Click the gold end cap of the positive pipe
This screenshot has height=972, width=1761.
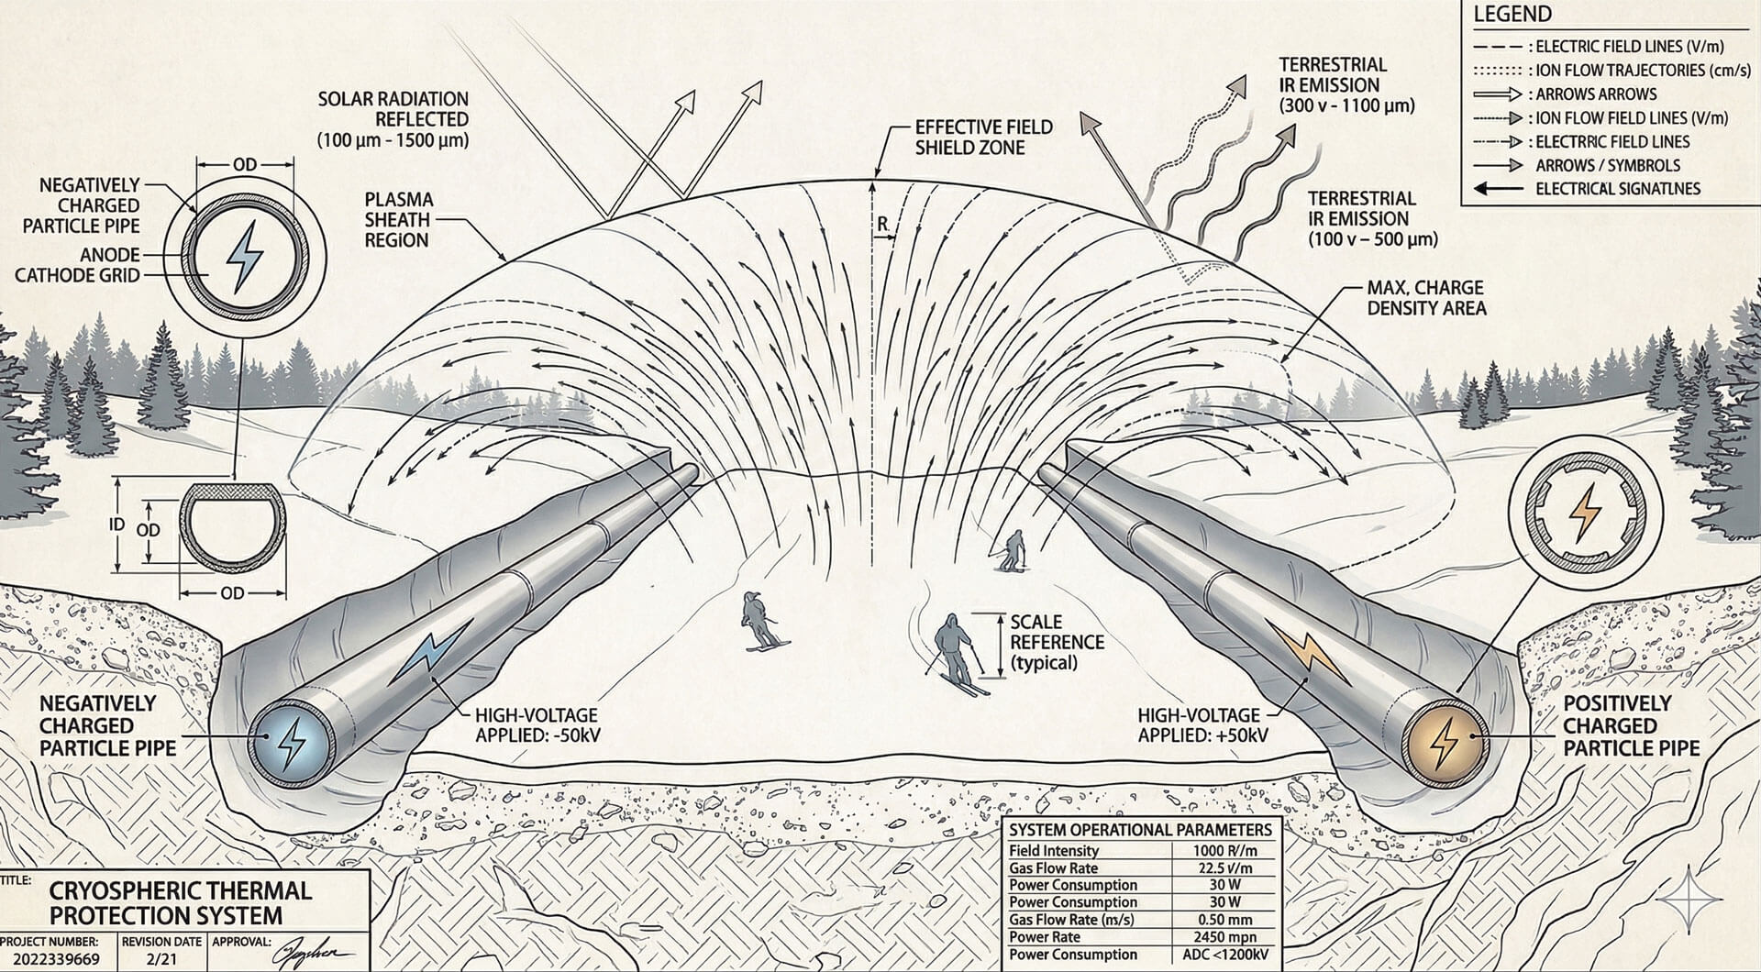click(1445, 742)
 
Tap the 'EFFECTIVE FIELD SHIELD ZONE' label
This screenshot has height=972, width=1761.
click(983, 137)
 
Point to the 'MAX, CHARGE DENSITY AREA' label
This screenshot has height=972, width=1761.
click(1425, 298)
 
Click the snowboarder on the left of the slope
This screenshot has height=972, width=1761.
click(759, 621)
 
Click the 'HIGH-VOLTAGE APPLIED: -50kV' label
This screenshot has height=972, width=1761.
click(537, 724)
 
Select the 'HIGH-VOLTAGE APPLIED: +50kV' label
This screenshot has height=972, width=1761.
click(1202, 724)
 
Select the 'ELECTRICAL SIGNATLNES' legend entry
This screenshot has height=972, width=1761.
click(1617, 189)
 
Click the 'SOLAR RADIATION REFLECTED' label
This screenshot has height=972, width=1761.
click(393, 119)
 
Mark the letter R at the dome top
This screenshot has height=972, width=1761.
click(882, 224)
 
